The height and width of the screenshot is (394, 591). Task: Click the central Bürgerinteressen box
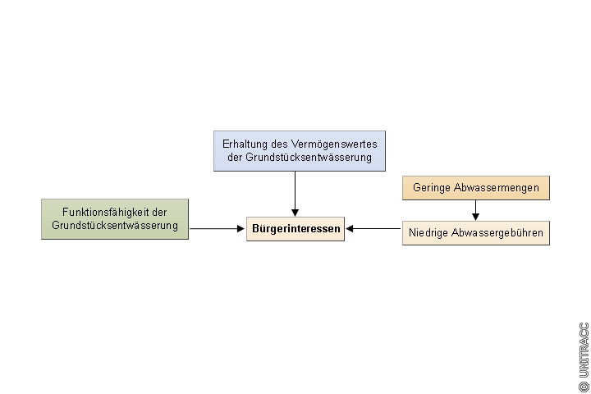pyautogui.click(x=295, y=230)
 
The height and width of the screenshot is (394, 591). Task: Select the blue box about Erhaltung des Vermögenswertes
pyautogui.click(x=300, y=150)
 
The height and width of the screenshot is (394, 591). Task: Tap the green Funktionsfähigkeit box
pyautogui.click(x=115, y=219)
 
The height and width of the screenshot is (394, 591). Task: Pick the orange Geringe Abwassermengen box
pyautogui.click(x=476, y=188)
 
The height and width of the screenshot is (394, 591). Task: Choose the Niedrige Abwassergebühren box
pyautogui.click(x=476, y=233)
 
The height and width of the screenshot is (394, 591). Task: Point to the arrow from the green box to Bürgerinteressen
pyautogui.click(x=218, y=230)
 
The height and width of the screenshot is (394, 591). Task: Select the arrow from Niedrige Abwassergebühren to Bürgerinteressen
pyautogui.click(x=373, y=230)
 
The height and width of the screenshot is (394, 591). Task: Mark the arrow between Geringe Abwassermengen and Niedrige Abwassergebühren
pyautogui.click(x=476, y=210)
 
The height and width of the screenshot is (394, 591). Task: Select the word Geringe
pyautogui.click(x=431, y=188)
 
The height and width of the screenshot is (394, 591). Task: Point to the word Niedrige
pyautogui.click(x=429, y=233)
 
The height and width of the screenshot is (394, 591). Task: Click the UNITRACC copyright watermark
pyautogui.click(x=584, y=356)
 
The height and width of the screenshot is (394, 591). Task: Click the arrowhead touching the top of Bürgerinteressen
pyautogui.click(x=295, y=213)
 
